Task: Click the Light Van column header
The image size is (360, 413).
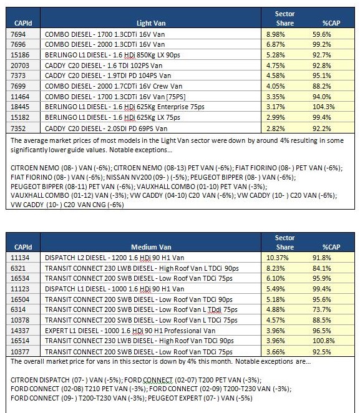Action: (x=151, y=23)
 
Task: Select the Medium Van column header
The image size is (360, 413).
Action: (x=151, y=247)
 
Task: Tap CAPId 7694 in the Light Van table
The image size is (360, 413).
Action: (x=18, y=34)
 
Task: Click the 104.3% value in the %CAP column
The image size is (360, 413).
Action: (x=323, y=107)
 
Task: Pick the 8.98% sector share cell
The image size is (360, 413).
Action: (x=276, y=34)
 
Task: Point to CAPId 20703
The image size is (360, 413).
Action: (x=20, y=66)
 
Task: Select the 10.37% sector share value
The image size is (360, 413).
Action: (x=277, y=258)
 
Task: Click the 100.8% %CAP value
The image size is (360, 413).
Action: (x=323, y=341)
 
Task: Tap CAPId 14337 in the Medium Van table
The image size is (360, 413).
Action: (x=20, y=331)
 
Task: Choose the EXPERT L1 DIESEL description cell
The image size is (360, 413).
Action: (x=130, y=331)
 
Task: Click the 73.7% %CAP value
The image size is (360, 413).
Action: (x=321, y=309)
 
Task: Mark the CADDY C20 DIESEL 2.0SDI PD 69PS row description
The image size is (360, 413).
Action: (x=106, y=129)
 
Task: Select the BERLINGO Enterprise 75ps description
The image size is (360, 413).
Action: (x=125, y=107)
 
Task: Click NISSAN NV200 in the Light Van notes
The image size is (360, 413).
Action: (x=125, y=177)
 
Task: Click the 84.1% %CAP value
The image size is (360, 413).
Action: (x=321, y=268)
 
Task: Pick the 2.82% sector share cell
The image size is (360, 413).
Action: (x=276, y=129)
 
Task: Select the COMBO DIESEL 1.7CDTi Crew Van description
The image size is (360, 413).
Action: (x=114, y=86)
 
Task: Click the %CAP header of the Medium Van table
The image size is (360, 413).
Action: (x=331, y=247)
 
